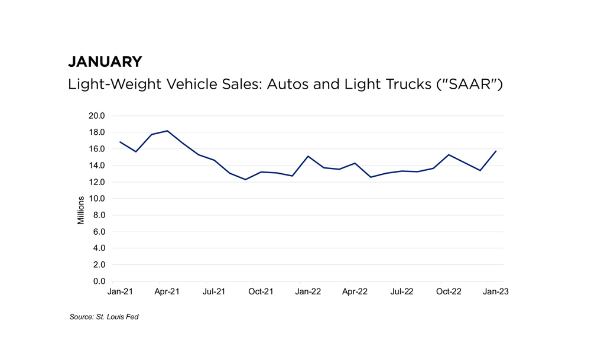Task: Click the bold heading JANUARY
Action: (105, 61)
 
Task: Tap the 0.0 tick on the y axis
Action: (99, 281)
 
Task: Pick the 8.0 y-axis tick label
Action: (99, 215)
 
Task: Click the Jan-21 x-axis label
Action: (119, 292)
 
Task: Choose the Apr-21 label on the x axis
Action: (167, 292)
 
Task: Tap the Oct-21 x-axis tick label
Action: (261, 292)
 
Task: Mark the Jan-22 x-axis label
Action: (308, 292)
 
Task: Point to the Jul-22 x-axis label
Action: (402, 292)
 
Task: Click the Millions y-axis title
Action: (81, 210)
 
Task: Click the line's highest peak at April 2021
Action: (167, 131)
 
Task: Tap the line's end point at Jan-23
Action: (496, 151)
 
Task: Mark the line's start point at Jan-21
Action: (120, 142)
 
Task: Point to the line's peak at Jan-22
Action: (308, 156)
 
